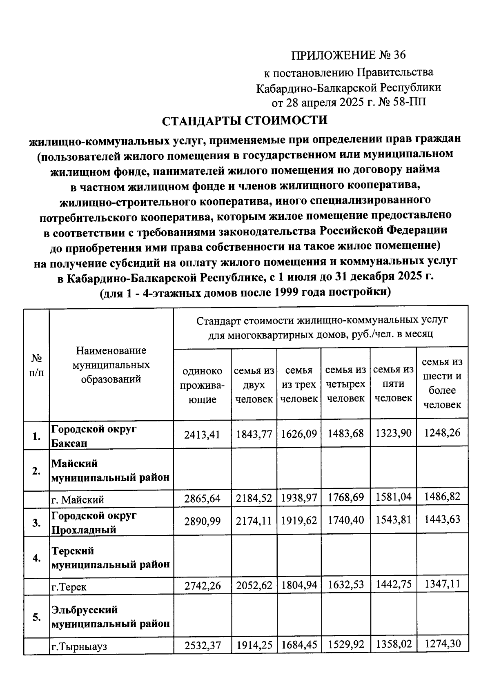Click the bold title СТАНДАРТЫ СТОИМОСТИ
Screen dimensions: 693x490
click(245, 121)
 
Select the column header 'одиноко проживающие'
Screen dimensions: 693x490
click(202, 385)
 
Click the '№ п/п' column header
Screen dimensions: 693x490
click(37, 365)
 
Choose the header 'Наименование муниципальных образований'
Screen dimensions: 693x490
click(111, 365)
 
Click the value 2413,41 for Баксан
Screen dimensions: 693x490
click(202, 435)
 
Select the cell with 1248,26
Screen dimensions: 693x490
click(442, 432)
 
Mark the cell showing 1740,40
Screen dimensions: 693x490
click(345, 520)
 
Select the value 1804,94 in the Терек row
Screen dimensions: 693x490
click(299, 585)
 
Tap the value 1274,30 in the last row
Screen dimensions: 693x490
click(442, 644)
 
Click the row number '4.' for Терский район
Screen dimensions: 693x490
click(37, 558)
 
